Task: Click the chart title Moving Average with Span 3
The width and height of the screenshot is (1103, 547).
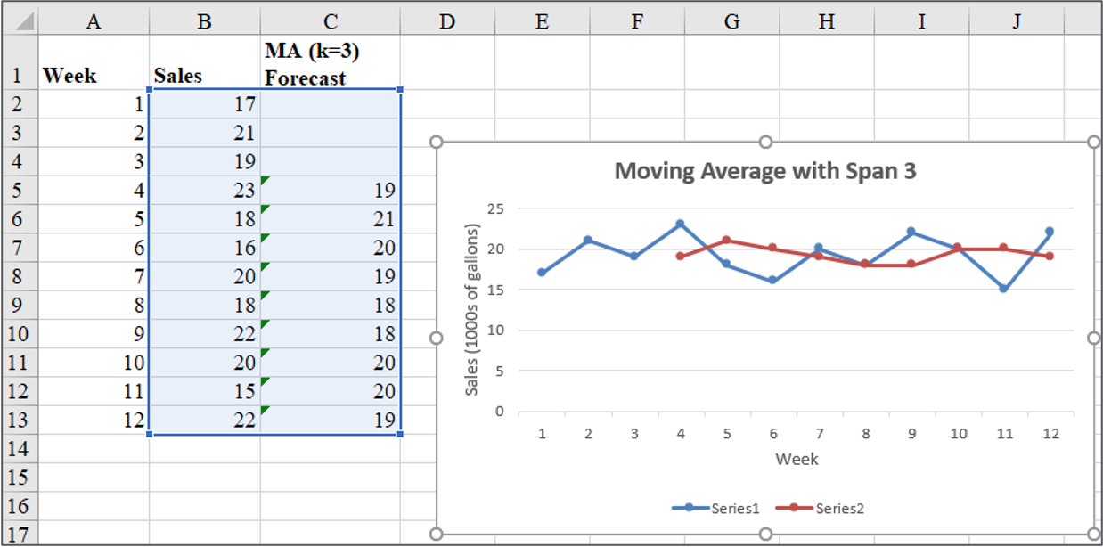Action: click(764, 171)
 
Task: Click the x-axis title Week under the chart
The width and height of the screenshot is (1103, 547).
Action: click(796, 460)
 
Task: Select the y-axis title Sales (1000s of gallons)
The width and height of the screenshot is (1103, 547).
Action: click(472, 310)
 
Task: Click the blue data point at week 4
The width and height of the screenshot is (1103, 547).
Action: click(680, 225)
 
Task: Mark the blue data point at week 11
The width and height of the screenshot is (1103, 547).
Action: click(1003, 289)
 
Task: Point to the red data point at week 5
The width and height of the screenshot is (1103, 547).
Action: click(726, 240)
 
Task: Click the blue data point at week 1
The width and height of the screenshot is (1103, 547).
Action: click(541, 273)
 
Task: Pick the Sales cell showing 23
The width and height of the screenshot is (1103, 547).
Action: click(204, 191)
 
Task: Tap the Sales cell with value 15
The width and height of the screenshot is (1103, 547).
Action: click(204, 391)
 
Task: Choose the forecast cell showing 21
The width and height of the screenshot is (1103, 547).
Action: click(331, 219)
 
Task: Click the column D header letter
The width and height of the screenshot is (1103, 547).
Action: click(447, 21)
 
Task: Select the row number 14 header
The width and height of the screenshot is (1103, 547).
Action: click(18, 448)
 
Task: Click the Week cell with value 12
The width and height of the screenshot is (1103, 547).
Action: click(93, 420)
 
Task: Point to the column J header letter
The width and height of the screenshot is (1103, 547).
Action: click(1017, 21)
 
